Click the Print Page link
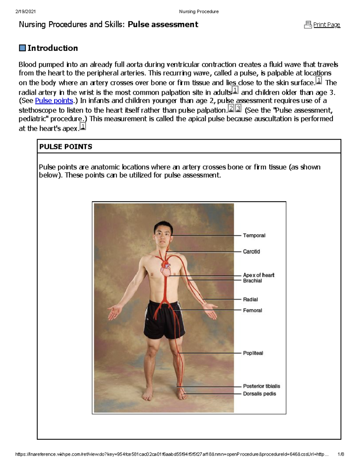coord(327,25)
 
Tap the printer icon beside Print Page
coord(308,25)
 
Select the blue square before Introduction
coord(22,48)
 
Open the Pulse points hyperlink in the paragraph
coord(54,101)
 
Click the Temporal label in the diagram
coord(254,236)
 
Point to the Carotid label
coord(251,251)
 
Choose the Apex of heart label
coord(259,275)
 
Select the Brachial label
coord(252,281)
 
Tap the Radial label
coord(250,299)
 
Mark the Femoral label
coord(252,310)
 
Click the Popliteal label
coord(253,353)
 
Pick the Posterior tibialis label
coord(262,386)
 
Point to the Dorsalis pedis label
coord(259,394)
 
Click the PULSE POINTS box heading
coord(66,147)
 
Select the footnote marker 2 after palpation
coord(231,108)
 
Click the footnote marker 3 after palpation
coord(238,108)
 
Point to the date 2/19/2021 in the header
coord(25,12)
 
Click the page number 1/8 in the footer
coord(340,454)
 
